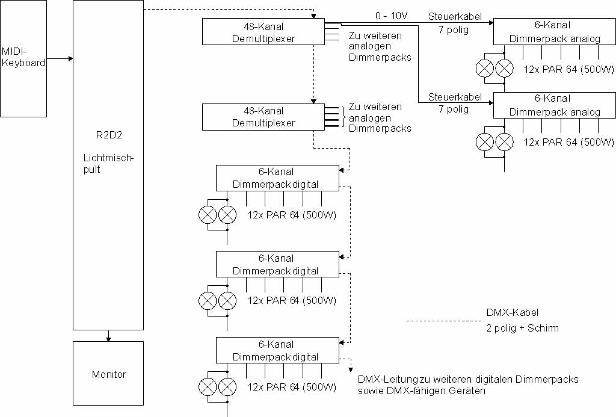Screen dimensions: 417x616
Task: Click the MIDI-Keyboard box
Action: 23,58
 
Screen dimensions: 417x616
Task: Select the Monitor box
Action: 108,374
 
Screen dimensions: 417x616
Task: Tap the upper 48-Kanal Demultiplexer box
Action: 263,32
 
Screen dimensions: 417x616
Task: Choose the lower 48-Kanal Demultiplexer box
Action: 263,117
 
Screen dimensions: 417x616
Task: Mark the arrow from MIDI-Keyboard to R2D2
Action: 60,59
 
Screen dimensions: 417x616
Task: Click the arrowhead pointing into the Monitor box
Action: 108,339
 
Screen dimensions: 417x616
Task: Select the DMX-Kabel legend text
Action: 512,312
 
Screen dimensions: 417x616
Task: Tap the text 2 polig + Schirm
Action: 522,329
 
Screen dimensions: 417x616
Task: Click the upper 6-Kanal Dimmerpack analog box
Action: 555,32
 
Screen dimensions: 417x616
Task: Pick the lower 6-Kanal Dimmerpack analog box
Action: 555,105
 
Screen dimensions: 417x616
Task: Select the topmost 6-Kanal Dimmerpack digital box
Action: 277,178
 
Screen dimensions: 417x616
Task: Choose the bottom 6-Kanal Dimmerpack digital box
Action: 277,350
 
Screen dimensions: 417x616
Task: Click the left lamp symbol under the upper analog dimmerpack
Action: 484,69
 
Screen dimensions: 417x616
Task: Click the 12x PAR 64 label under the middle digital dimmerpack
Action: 292,300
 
